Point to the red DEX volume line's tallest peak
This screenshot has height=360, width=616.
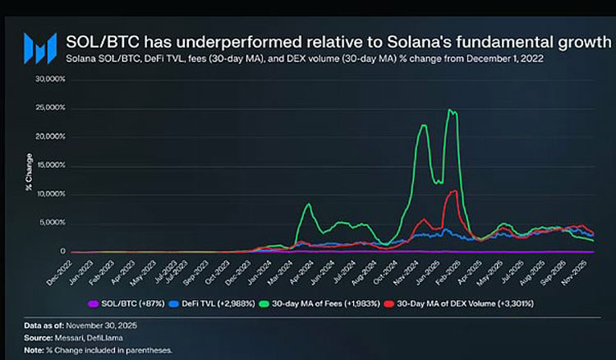(x=453, y=192)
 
